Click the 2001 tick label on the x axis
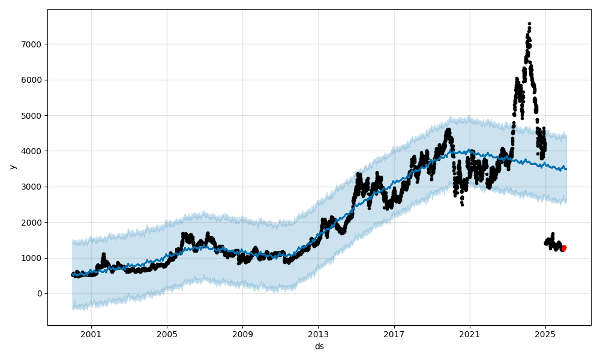[91, 333]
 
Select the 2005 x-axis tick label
[167, 333]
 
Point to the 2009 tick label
[242, 333]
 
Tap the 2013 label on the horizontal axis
[318, 333]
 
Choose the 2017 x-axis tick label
[394, 333]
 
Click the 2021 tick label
[470, 333]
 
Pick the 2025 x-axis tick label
[545, 333]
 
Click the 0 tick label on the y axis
[40, 293]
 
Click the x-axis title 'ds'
[319, 346]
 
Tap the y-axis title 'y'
[11, 167]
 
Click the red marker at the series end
[563, 248]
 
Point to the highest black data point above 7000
[529, 24]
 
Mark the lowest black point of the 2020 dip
[462, 205]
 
